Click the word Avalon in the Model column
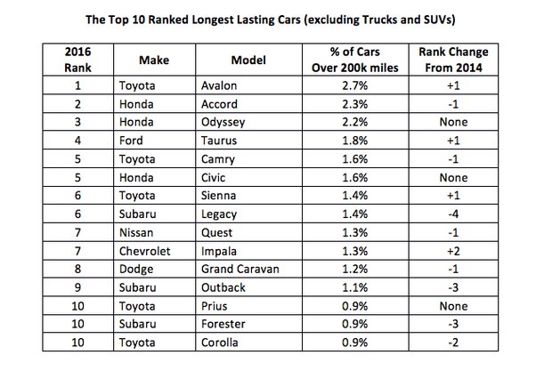click(x=223, y=87)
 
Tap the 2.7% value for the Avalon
click(x=353, y=87)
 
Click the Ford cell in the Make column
click(x=132, y=139)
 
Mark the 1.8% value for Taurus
click(x=353, y=139)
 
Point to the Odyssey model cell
click(x=227, y=122)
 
